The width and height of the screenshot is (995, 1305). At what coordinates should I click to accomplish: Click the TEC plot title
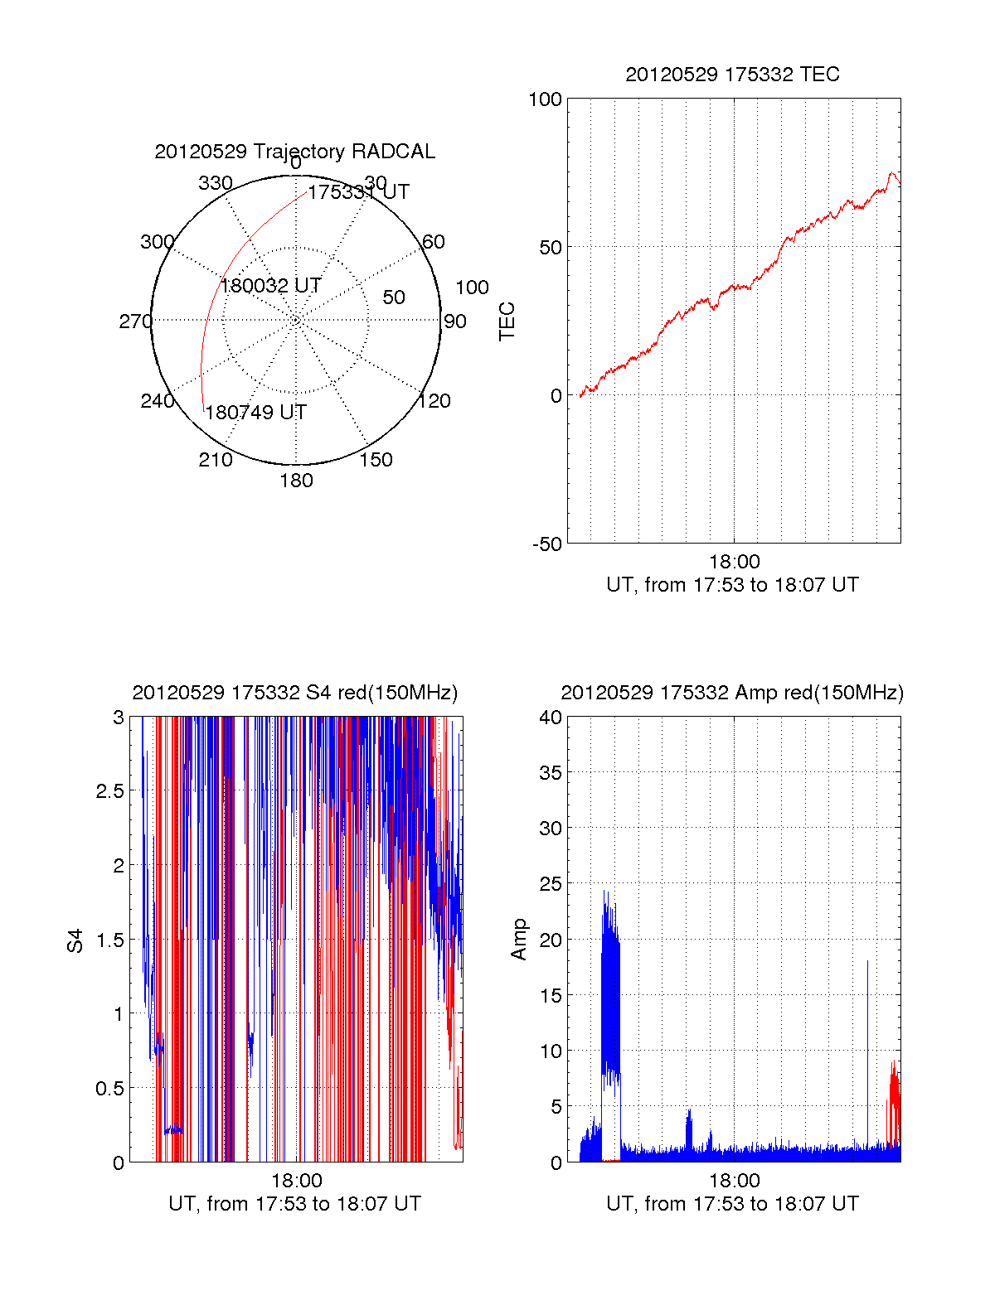tap(732, 75)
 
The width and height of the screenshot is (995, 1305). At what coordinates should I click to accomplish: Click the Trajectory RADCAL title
tap(294, 152)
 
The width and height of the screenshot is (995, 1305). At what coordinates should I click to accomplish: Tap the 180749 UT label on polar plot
tap(255, 412)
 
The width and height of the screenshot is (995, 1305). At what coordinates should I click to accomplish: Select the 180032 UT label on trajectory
tap(270, 285)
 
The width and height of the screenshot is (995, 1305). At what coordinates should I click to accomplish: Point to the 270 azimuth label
tap(136, 321)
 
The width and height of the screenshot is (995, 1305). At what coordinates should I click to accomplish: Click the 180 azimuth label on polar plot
tap(296, 481)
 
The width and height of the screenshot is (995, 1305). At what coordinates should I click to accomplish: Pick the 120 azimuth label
tap(434, 401)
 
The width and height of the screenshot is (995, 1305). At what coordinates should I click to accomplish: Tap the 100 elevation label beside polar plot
tap(472, 288)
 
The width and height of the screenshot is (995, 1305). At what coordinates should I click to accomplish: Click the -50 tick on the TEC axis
tap(547, 544)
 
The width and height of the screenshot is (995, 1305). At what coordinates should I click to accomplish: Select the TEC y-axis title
tap(507, 321)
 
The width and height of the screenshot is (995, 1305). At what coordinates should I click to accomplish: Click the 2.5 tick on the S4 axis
tap(110, 791)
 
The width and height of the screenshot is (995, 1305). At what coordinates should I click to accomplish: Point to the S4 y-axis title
tap(75, 941)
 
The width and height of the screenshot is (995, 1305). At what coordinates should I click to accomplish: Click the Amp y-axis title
tap(518, 940)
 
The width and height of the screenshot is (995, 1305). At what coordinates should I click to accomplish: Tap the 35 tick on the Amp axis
tap(551, 773)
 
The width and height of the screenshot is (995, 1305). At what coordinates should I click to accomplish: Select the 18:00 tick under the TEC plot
tap(735, 562)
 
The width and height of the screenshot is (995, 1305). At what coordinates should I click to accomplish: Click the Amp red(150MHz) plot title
tap(732, 693)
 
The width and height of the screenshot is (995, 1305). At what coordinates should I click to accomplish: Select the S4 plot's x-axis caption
tap(294, 1204)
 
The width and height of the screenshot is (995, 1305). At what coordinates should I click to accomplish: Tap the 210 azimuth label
tap(216, 460)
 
